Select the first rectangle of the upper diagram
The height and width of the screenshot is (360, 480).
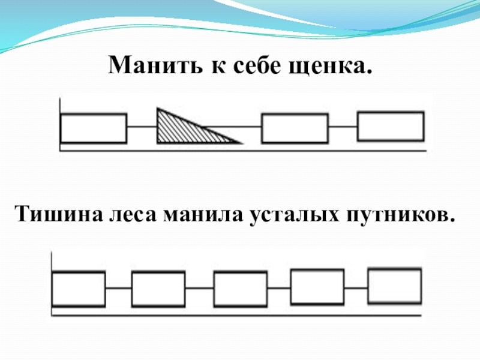coord(94,128)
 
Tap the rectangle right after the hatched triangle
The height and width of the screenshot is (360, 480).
coord(295,128)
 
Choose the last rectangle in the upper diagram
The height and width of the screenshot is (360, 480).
coord(391,126)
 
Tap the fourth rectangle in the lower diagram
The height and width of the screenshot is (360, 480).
coord(317,286)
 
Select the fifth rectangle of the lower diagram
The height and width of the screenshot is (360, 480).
coord(394,285)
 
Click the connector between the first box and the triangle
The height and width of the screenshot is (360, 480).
coord(142,127)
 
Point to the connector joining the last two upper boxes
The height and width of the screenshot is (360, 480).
coord(343,127)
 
